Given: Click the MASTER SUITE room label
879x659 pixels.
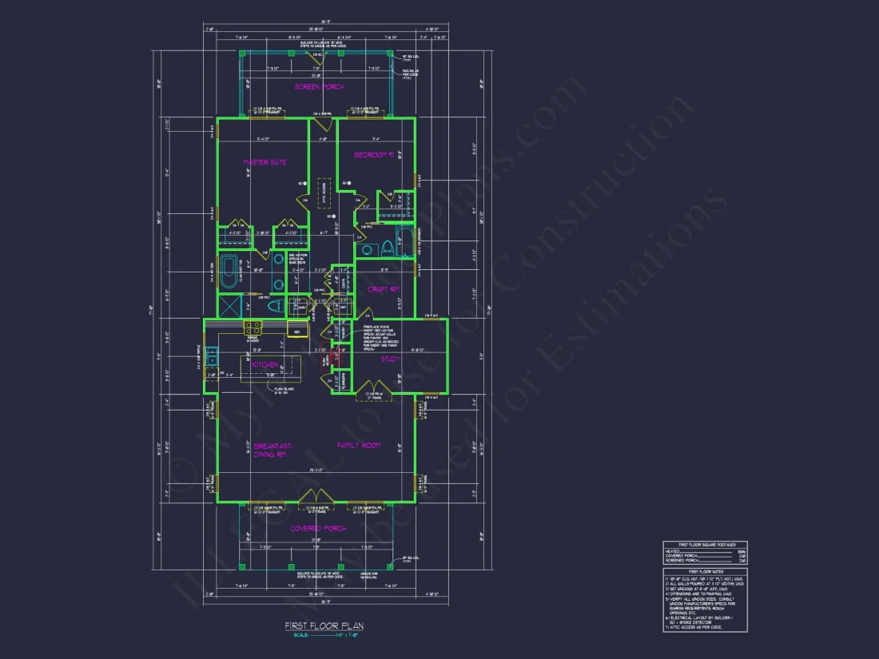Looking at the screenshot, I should tap(264, 162).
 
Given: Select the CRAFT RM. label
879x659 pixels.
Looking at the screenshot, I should tap(383, 289).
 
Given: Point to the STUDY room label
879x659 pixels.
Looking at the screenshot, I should tap(390, 359).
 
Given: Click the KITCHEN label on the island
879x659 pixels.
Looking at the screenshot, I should tap(265, 365).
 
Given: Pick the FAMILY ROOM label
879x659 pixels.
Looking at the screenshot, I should tap(358, 445).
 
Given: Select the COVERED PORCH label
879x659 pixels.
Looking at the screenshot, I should tap(317, 528).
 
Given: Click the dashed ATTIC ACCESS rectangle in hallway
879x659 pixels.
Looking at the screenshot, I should tap(324, 193).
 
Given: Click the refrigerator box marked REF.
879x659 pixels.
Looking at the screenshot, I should tap(296, 330).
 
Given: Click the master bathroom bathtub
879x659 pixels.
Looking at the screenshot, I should tap(229, 271).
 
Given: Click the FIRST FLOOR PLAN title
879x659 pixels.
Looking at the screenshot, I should tap(324, 626).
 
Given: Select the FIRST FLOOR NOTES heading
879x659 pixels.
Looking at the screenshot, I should tap(706, 571).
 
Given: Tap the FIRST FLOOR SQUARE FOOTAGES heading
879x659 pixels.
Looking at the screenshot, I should tap(706, 544).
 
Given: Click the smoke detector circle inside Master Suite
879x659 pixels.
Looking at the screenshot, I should tap(304, 184).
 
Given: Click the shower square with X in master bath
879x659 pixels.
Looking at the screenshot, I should tap(230, 306).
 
